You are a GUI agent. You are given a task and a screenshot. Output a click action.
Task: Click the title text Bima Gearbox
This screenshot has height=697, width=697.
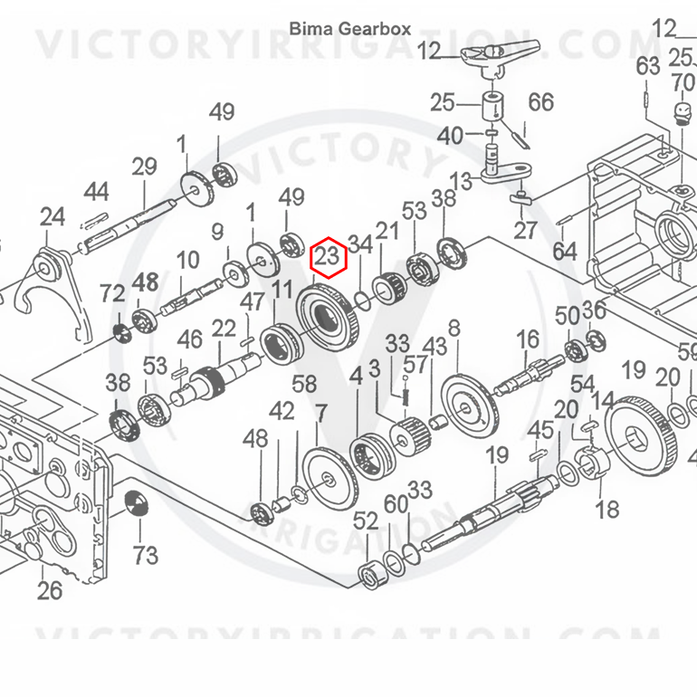349,29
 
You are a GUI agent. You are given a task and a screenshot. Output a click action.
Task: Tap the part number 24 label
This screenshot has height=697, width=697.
53,217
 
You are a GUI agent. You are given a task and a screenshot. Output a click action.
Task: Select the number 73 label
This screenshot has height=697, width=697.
146,556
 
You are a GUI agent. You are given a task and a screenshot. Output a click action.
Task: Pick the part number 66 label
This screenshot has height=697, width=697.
540,102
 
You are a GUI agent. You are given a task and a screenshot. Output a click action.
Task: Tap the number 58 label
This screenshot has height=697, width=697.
304,384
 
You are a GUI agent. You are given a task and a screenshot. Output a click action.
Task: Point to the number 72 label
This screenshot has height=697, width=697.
112,293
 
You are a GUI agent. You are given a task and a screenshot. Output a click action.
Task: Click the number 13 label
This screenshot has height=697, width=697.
461,181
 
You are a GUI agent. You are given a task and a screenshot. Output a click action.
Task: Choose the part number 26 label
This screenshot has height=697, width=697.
50,590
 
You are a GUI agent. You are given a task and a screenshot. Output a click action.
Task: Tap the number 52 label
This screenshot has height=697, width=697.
366,520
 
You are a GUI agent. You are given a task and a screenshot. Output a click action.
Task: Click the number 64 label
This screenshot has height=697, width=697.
565,251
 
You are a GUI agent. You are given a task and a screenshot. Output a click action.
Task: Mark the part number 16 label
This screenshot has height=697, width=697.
528,340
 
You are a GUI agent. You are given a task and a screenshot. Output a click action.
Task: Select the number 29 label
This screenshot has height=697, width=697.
144,167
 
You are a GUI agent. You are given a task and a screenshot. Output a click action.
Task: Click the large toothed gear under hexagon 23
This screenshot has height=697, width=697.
327,319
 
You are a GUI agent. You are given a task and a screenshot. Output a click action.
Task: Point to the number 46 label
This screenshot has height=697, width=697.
190,340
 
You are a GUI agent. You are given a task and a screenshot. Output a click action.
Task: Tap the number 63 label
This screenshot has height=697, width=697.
647,67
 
